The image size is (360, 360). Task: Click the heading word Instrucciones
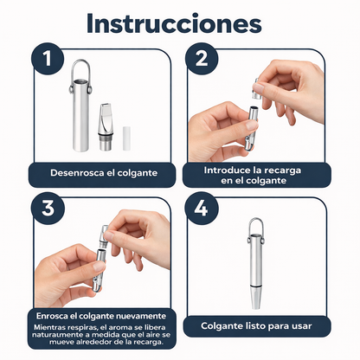point(179,23)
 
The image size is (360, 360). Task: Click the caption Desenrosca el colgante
point(100,170)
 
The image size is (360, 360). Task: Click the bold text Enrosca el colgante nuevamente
point(100,315)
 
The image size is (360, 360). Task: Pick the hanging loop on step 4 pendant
point(258,227)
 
